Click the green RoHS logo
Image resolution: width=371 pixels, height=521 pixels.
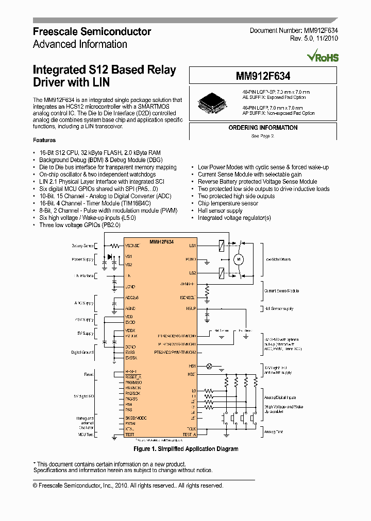323,56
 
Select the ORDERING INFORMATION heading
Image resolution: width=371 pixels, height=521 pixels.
263,128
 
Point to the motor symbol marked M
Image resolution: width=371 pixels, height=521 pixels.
239,260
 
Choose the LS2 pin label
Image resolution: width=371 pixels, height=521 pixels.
192,273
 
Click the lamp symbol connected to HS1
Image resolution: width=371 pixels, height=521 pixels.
209,366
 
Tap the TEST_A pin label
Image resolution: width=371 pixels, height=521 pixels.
189,435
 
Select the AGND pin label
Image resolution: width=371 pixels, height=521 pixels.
130,308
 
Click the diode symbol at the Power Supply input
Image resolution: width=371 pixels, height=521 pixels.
110,256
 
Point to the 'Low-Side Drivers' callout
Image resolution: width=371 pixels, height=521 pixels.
279,259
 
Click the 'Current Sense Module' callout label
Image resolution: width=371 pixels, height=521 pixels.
281,291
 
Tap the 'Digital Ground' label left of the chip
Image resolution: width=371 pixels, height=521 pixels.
82,352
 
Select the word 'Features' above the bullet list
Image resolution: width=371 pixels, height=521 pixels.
44,140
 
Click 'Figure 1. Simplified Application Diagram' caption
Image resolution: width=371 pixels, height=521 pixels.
185,449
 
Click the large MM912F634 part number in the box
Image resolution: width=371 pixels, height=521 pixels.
263,76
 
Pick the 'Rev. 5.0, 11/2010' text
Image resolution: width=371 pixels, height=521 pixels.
314,39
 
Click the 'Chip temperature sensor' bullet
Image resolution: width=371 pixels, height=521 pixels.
228,203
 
